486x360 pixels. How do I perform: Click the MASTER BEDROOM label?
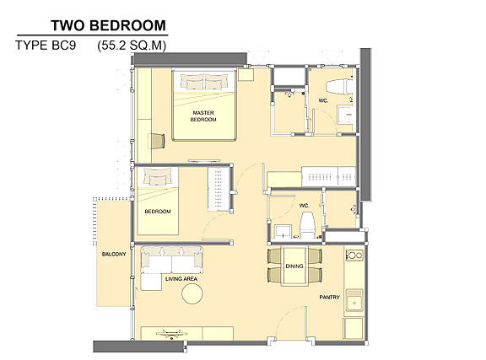pyautogui.click(x=203, y=116)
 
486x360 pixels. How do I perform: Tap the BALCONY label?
pyautogui.click(x=114, y=255)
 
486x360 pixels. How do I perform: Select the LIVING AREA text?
pyautogui.click(x=181, y=279)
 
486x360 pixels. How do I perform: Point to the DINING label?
pyautogui.click(x=294, y=266)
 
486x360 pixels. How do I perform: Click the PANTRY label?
pyautogui.click(x=329, y=297)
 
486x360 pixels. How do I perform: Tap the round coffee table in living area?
pyautogui.click(x=192, y=293)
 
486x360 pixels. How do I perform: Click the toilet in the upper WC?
pyautogui.click(x=339, y=87)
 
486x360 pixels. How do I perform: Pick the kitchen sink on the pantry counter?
pyautogui.click(x=354, y=300)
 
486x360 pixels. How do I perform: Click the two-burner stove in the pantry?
pyautogui.click(x=354, y=255)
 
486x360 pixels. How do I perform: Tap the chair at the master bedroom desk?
pyautogui.click(x=157, y=142)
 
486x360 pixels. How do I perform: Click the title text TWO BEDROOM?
pyautogui.click(x=109, y=25)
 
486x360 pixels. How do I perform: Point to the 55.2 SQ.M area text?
pyautogui.click(x=132, y=46)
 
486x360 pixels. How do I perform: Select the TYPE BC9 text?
pyautogui.click(x=46, y=46)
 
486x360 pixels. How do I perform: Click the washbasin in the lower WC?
pyautogui.click(x=283, y=231)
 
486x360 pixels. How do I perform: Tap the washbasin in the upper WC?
pyautogui.click(x=344, y=115)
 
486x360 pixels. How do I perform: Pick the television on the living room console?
pyautogui.click(x=172, y=334)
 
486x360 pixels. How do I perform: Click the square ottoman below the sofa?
pyautogui.click(x=151, y=282)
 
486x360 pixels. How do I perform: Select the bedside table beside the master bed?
pyautogui.click(x=246, y=74)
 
